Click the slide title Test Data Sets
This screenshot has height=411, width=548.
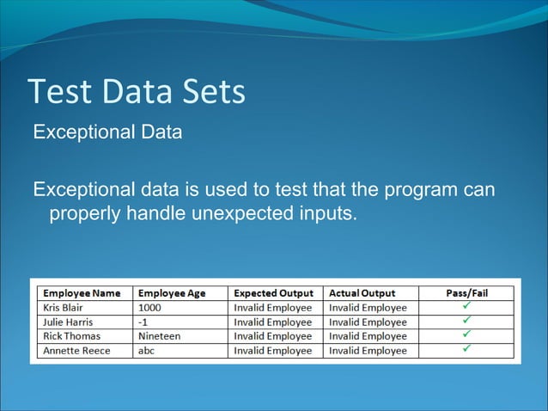click(x=137, y=93)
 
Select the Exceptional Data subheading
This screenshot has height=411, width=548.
click(x=107, y=133)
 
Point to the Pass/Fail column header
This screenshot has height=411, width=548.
click(x=466, y=293)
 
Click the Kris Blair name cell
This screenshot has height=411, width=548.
click(x=65, y=308)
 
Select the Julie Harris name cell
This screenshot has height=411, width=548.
click(x=68, y=322)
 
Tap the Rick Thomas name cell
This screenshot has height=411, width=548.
click(x=71, y=336)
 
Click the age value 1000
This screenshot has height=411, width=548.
click(x=149, y=308)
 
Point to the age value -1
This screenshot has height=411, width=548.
click(x=143, y=322)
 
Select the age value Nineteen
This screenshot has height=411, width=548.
click(x=159, y=336)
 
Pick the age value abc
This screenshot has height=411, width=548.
click(x=147, y=351)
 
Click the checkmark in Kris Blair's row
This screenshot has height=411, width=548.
click(x=467, y=307)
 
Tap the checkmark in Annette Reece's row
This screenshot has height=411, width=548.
click(x=467, y=350)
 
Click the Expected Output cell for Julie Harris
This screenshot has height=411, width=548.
click(x=273, y=322)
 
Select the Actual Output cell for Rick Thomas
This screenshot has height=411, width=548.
click(x=368, y=336)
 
